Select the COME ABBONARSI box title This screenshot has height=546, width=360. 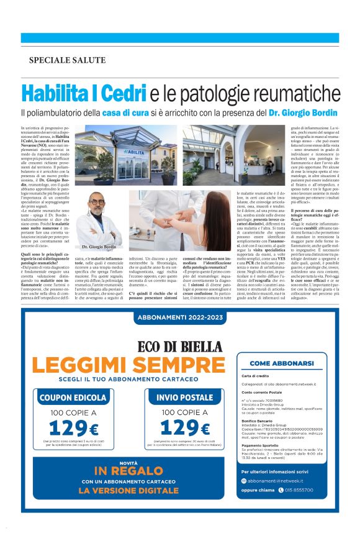pos(287,363)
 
